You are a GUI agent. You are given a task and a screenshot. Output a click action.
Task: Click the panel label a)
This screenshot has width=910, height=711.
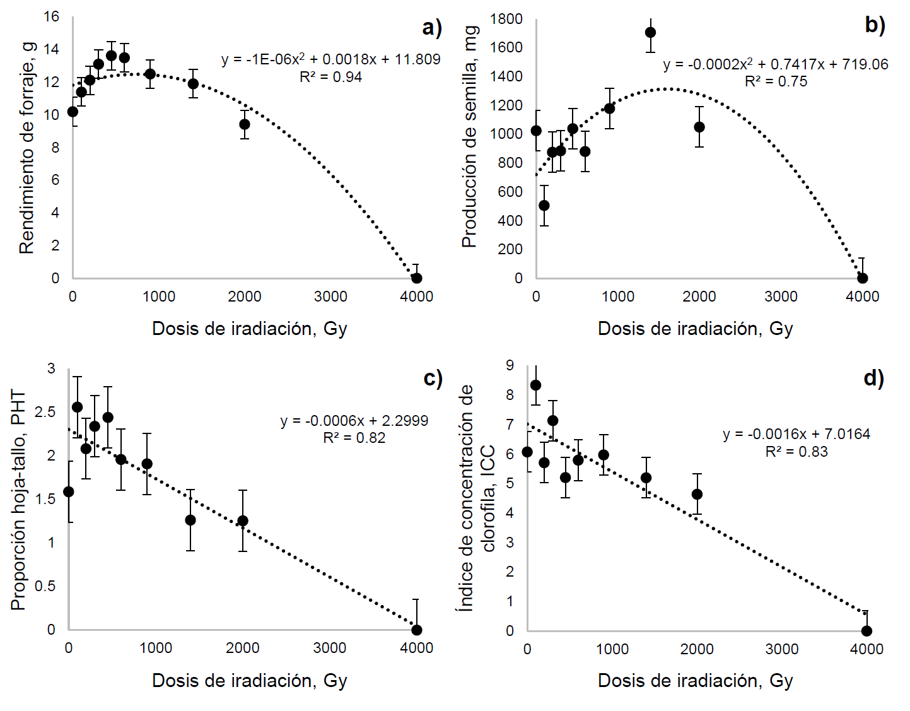[432, 28]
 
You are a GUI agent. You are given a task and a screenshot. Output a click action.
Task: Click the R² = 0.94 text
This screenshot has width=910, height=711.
[330, 77]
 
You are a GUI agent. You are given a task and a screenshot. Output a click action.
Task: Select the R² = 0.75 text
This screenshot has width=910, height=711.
[776, 81]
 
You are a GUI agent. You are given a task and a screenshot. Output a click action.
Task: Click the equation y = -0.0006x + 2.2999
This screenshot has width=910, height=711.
[354, 421]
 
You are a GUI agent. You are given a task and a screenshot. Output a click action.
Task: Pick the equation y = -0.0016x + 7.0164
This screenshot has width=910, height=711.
[796, 434]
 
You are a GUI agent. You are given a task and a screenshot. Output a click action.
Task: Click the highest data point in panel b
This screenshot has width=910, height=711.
[650, 32]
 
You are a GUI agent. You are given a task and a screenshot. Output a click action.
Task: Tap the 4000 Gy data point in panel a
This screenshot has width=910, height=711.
[416, 278]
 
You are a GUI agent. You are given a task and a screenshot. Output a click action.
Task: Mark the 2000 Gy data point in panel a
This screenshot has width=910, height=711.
[245, 124]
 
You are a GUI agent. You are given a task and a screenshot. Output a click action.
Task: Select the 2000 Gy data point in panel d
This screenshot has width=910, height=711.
[697, 494]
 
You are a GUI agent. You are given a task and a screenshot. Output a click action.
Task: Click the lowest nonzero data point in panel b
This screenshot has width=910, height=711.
[544, 206]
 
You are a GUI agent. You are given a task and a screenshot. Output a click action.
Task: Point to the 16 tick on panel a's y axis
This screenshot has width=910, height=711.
[52, 16]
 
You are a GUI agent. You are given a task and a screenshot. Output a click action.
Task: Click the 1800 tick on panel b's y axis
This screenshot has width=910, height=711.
[506, 19]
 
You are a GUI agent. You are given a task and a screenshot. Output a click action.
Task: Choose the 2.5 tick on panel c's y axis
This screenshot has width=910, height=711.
[45, 412]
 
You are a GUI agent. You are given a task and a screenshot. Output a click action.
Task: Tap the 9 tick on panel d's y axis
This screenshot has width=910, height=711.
[510, 365]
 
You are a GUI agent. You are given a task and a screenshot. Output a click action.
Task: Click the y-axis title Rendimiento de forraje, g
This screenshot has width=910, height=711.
[26, 148]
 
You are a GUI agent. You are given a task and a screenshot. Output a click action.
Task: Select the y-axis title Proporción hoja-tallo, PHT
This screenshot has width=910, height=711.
[18, 500]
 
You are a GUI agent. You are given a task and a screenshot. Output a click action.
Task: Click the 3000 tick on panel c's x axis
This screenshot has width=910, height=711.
[329, 648]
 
